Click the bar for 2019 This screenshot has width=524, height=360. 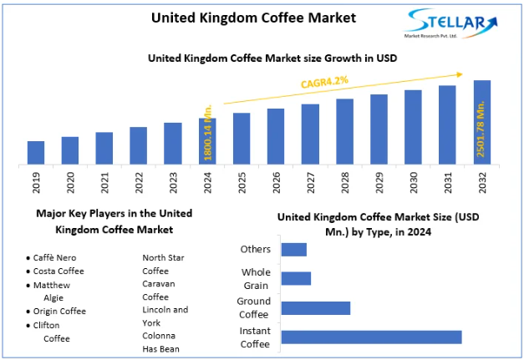click(36, 152)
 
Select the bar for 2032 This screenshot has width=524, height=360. click(482, 122)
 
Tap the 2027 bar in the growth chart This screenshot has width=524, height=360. click(311, 134)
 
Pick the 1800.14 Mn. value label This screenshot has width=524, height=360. click(208, 134)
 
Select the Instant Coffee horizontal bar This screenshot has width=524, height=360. click(371, 337)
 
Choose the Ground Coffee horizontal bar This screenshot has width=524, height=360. click(315, 307)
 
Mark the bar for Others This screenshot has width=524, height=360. click(294, 249)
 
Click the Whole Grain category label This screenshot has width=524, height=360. click(256, 278)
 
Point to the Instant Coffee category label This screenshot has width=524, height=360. click(256, 337)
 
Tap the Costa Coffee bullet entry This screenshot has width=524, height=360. click(58, 271)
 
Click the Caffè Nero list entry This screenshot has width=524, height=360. click(57, 258)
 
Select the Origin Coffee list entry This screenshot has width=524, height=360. click(59, 312)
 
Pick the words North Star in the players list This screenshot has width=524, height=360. click(165, 257)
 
